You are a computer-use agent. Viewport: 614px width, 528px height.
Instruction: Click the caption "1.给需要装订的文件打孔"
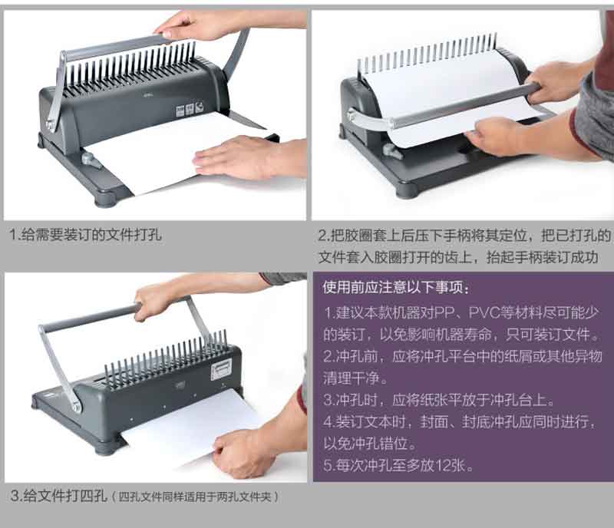tap(85, 235)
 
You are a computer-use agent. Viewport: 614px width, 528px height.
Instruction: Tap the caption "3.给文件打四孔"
tap(59, 496)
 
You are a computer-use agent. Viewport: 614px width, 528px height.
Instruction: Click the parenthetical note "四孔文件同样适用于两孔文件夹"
tap(195, 497)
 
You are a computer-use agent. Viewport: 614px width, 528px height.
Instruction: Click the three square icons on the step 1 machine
tap(190, 108)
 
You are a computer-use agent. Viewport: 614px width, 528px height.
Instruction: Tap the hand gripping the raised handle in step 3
tap(157, 302)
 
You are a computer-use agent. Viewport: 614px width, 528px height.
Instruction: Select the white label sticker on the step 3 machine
tap(221, 370)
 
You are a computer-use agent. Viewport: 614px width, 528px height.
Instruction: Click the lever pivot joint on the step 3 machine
tap(76, 405)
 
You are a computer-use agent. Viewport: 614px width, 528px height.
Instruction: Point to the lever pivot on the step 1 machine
tap(51, 125)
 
